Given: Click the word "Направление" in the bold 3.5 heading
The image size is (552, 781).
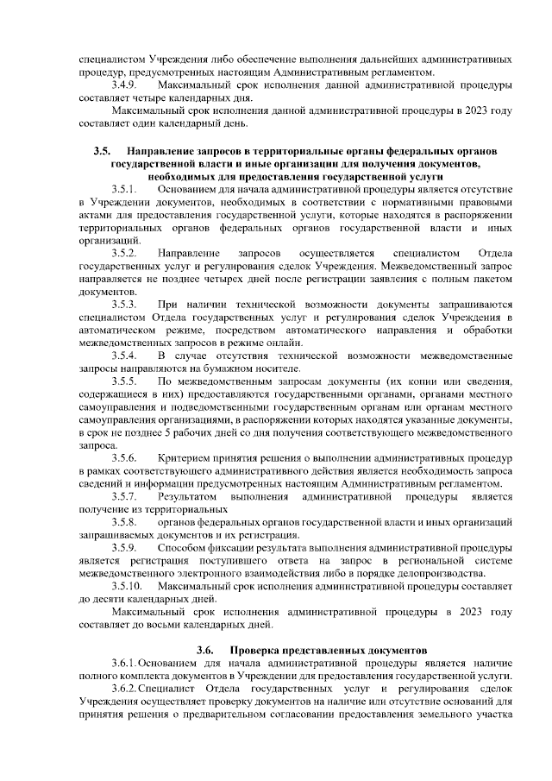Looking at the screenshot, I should (x=160, y=152).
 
